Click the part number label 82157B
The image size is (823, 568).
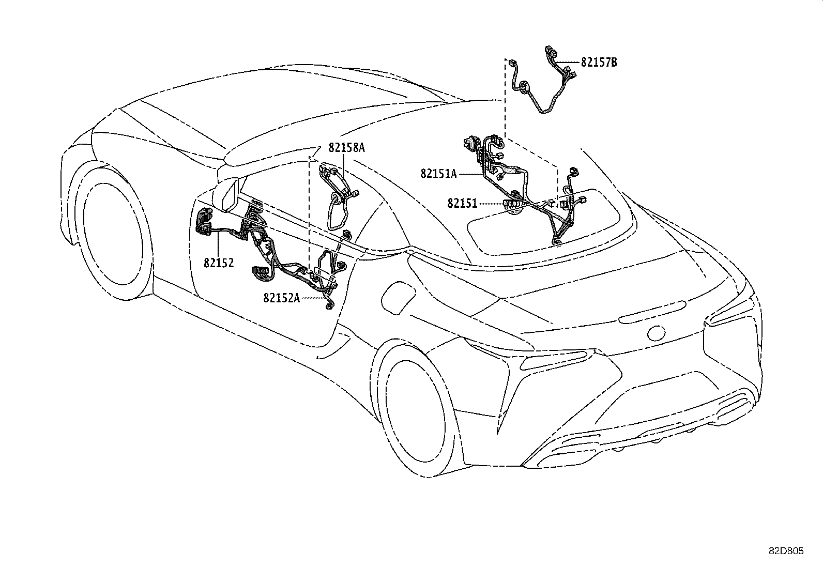[x=599, y=63]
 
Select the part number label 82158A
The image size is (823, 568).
[x=346, y=148]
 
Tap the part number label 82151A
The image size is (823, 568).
[x=438, y=174]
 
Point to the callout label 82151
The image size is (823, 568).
[x=462, y=204]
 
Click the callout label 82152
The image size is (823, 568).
[x=218, y=263]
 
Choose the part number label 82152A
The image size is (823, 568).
[x=281, y=298]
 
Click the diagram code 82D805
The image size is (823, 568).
[x=786, y=551]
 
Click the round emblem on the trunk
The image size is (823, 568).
[x=657, y=333]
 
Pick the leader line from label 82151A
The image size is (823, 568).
[x=471, y=175]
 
